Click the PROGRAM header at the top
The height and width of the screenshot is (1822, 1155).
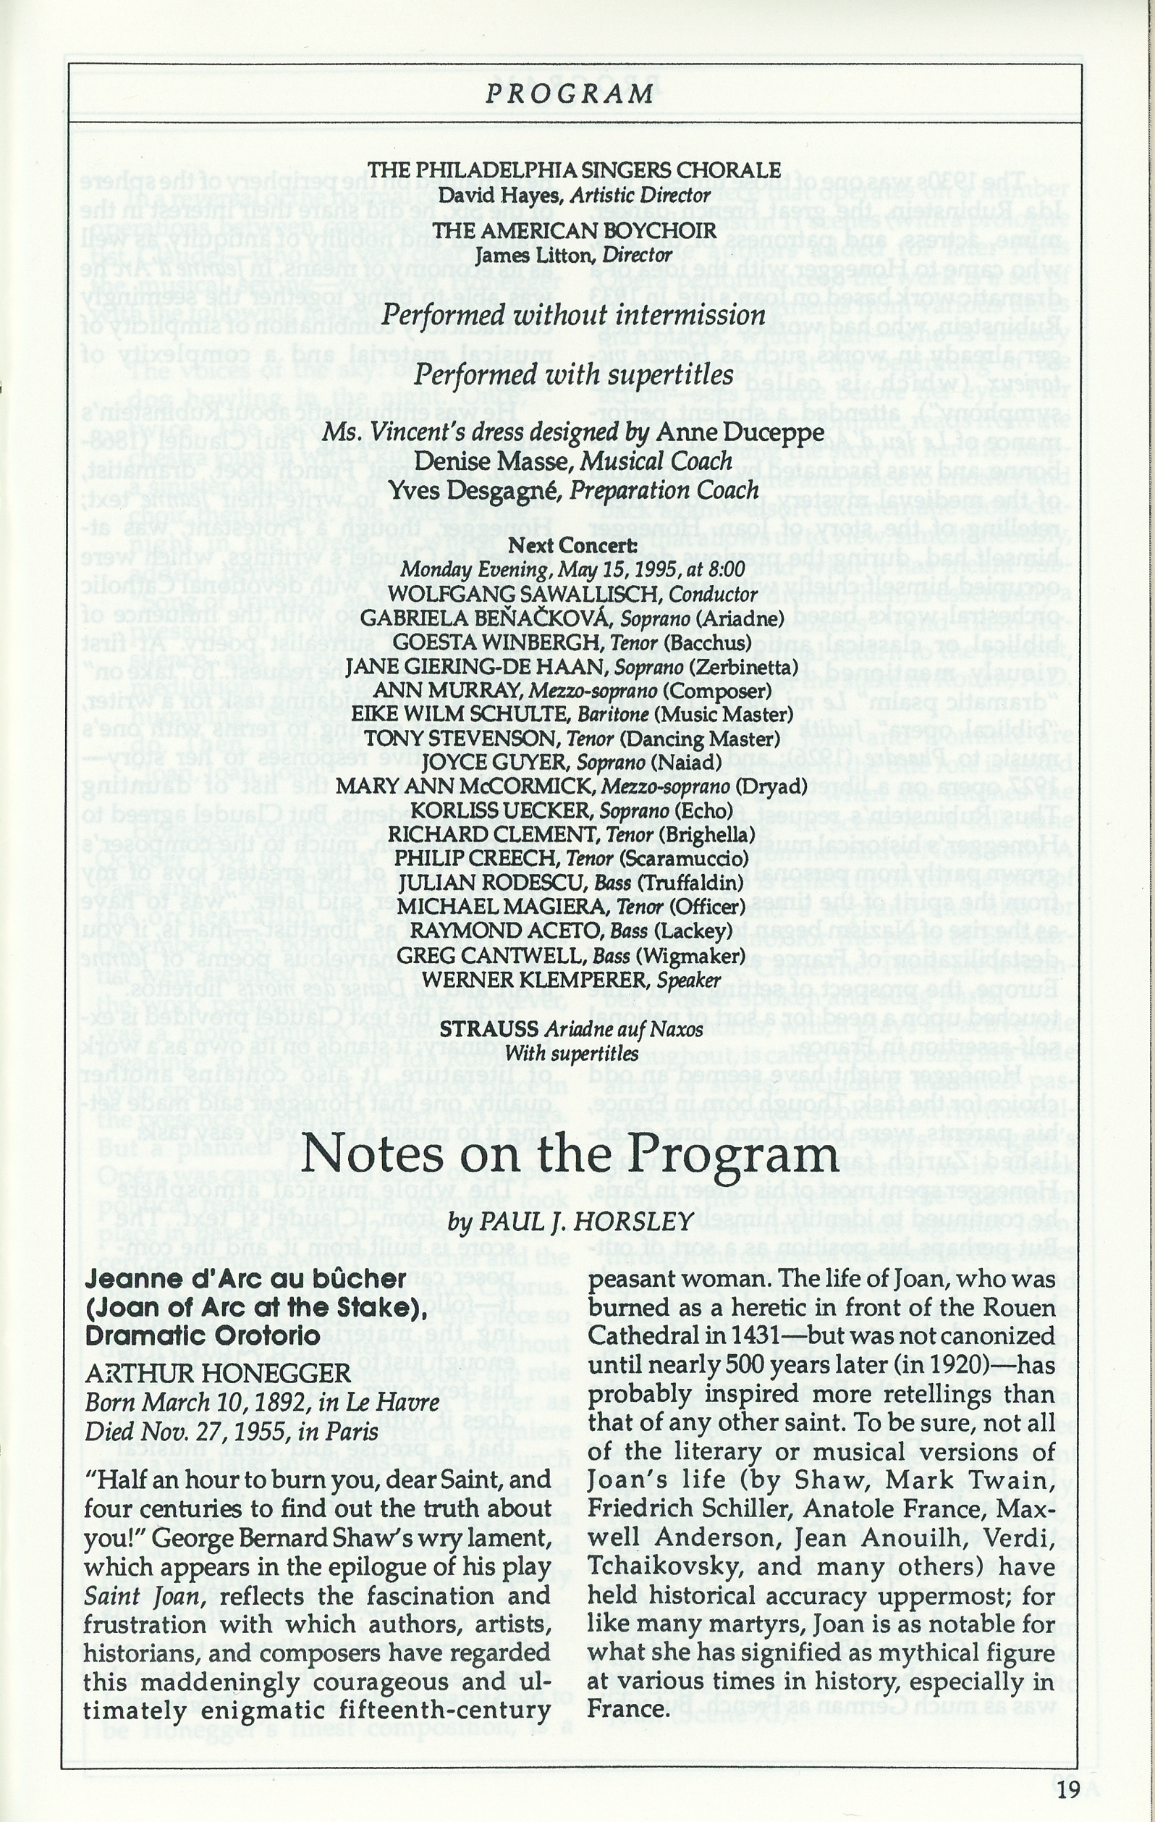coord(569,94)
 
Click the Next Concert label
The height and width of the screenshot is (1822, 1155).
coord(573,545)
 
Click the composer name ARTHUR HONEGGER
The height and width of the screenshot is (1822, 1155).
coord(219,1373)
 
